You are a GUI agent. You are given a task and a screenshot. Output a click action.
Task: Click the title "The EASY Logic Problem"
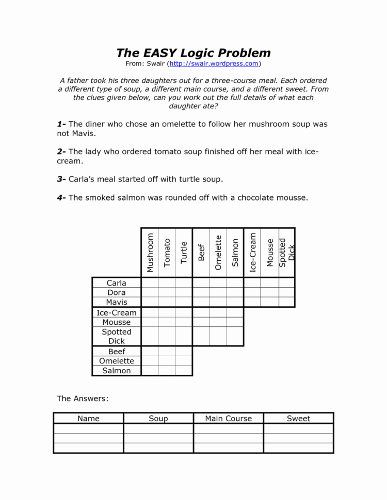pyautogui.click(x=193, y=53)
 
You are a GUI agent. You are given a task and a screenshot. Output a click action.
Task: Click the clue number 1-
pyautogui.click(x=61, y=124)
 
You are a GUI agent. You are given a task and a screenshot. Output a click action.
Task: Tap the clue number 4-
pyautogui.click(x=61, y=197)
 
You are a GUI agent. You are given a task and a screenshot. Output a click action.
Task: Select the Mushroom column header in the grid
pyautogui.click(x=150, y=252)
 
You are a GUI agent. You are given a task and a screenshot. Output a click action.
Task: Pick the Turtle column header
pyautogui.click(x=184, y=252)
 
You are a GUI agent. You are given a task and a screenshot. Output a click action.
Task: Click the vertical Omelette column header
pyautogui.click(x=218, y=252)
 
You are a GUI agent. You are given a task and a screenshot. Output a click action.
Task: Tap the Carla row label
pyautogui.click(x=116, y=282)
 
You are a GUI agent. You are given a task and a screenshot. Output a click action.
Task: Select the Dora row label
pyautogui.click(x=116, y=292)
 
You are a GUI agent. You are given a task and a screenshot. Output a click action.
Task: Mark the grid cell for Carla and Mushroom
pyautogui.click(x=150, y=282)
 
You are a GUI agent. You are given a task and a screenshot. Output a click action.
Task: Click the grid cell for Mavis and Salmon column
pyautogui.click(x=235, y=302)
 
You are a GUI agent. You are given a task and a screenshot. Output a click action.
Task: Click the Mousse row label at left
pyautogui.click(x=116, y=322)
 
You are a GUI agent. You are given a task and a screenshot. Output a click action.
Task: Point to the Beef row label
pyautogui.click(x=116, y=352)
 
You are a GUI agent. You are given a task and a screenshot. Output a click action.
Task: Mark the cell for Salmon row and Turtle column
pyautogui.click(x=184, y=371)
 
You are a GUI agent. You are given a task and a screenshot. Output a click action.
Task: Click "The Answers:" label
pyautogui.click(x=83, y=398)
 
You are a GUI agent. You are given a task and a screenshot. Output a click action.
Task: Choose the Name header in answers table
pyautogui.click(x=88, y=419)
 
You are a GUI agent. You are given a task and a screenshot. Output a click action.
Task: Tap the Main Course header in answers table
pyautogui.click(x=228, y=419)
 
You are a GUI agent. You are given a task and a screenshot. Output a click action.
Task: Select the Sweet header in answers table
pyautogui.click(x=298, y=419)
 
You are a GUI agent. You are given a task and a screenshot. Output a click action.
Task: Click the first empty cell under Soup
pyautogui.click(x=158, y=429)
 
